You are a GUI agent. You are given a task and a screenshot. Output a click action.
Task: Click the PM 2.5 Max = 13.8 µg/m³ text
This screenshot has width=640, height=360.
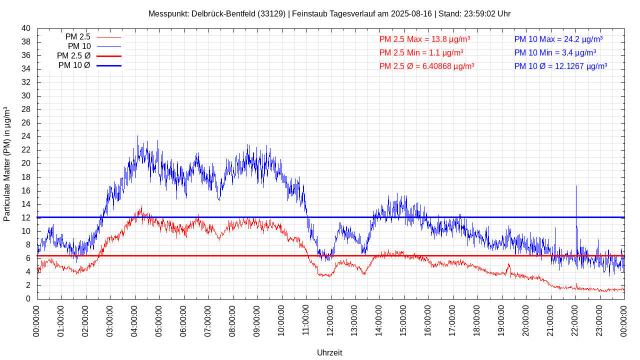424,39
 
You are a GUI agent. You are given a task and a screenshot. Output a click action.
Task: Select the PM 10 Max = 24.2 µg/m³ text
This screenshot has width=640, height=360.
558,39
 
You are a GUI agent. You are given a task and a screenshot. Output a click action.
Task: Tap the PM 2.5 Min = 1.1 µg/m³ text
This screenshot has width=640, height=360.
421,52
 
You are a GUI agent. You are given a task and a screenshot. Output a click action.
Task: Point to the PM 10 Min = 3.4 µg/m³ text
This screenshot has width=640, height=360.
555,52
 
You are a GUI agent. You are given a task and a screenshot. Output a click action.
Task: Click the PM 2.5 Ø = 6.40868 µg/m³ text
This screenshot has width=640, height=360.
426,66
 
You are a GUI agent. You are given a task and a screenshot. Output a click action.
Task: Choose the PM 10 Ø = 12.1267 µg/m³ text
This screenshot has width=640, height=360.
560,66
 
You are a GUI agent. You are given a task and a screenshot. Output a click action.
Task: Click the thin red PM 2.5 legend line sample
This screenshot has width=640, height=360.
109,37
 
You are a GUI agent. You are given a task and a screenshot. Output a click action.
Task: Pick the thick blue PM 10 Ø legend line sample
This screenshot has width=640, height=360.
109,65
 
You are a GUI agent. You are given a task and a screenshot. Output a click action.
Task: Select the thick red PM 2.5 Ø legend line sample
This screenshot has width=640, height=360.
109,56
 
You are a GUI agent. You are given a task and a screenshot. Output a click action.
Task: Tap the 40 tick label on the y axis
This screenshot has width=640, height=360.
26,28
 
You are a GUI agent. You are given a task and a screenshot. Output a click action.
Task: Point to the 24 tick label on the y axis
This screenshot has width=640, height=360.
26,136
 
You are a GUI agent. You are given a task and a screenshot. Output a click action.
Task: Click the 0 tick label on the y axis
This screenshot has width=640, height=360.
28,299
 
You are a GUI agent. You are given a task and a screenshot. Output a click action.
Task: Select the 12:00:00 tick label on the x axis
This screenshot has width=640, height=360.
330,319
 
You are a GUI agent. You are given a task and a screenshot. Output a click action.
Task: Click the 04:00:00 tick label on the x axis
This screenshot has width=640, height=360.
134,319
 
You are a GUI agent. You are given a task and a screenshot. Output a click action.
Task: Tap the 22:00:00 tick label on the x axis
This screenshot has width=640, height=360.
575,319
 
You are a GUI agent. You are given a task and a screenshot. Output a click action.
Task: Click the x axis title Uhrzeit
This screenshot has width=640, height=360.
329,352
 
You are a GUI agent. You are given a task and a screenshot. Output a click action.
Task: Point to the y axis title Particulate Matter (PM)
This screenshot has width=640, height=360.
7,163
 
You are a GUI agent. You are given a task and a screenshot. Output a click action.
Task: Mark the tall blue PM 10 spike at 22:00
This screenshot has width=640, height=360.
576,200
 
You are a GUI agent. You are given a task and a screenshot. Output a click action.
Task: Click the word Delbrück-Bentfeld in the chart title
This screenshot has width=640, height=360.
222,14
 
